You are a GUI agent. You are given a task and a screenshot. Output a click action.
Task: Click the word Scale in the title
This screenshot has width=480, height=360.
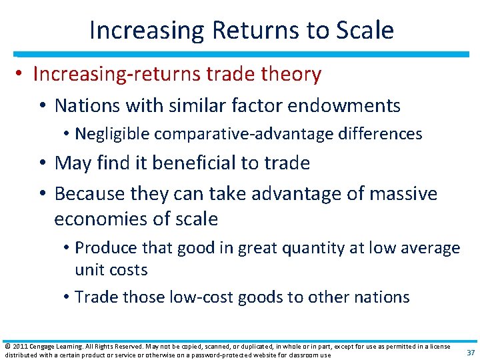(x=365, y=31)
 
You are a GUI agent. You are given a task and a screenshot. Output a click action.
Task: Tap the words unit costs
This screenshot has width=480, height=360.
(x=111, y=270)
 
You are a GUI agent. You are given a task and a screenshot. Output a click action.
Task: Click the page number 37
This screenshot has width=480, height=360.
(x=470, y=353)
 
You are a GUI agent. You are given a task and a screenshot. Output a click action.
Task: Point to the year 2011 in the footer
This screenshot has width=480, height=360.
(x=18, y=346)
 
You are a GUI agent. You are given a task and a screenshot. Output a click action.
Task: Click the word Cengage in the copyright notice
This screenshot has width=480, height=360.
(x=43, y=346)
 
